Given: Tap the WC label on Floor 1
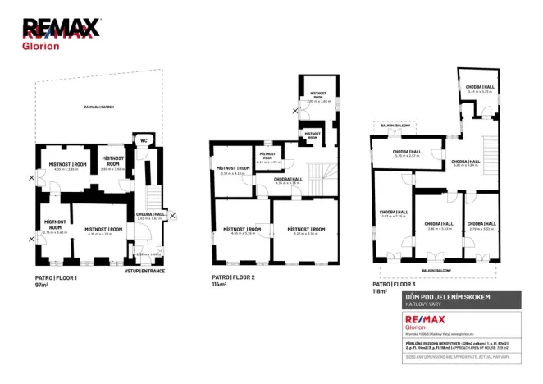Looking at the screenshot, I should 144,139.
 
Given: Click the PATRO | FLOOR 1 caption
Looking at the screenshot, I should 55,279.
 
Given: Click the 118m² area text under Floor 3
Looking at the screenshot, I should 379,291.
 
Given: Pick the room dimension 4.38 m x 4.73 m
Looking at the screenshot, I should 99,234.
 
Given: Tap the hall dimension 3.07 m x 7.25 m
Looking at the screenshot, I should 393,217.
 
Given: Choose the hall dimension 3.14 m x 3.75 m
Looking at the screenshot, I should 479,92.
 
